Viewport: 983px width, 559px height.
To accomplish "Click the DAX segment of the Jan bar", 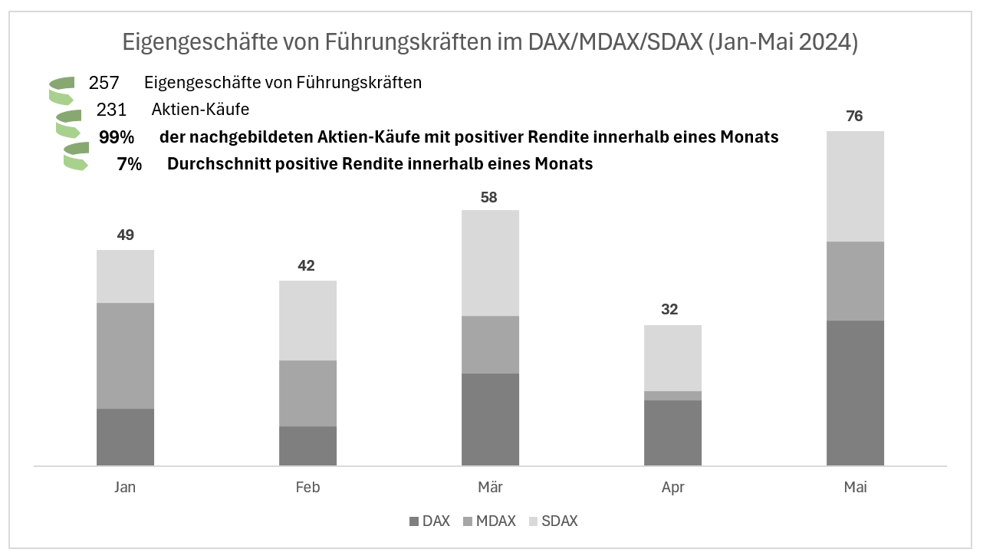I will [125, 436].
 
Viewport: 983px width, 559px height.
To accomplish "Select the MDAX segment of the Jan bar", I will [125, 355].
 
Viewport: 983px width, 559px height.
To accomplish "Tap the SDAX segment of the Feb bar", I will [307, 321].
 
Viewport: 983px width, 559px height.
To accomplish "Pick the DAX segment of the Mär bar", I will [490, 419].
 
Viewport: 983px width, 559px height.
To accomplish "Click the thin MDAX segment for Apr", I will [672, 396].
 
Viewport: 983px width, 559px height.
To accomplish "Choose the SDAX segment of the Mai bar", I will [855, 186].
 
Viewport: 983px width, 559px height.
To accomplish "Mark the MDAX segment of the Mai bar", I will [855, 281].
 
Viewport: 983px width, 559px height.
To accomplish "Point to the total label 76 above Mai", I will [854, 117].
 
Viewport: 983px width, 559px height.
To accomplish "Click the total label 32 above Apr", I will [669, 310].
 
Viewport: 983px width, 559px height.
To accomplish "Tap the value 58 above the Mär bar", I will [489, 197].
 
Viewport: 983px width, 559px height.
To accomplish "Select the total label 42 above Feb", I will [307, 266].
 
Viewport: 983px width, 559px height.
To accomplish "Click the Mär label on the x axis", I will [490, 488].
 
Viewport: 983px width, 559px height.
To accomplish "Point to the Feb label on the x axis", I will [307, 488].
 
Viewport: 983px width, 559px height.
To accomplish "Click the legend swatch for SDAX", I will [534, 521].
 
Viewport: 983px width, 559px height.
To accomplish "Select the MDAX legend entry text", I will [495, 521].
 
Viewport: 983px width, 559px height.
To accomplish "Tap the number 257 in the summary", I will [104, 82].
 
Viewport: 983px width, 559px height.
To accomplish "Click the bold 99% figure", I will [117, 137].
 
